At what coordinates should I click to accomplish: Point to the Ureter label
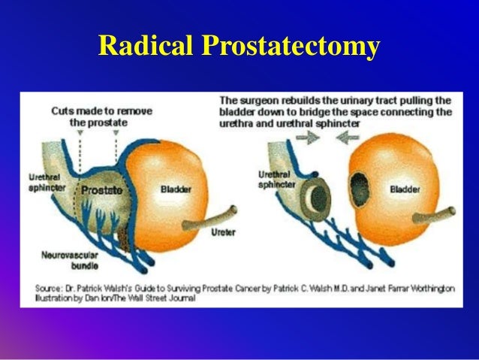click(223, 232)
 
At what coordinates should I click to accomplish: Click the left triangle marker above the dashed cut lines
click(78, 132)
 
